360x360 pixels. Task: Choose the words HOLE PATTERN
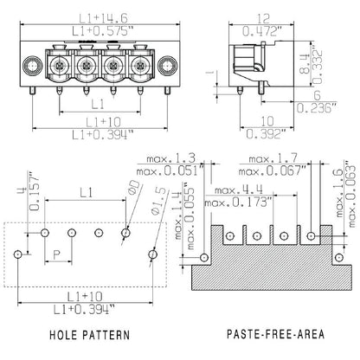point(90,332)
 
